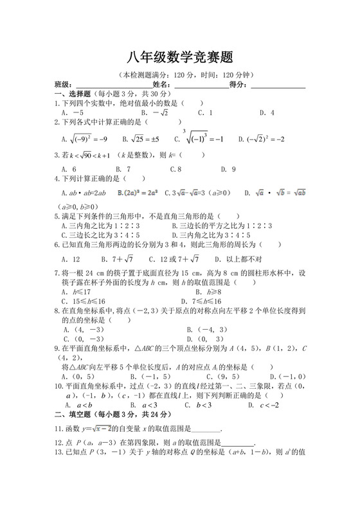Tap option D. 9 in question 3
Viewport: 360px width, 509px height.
click(228, 169)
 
